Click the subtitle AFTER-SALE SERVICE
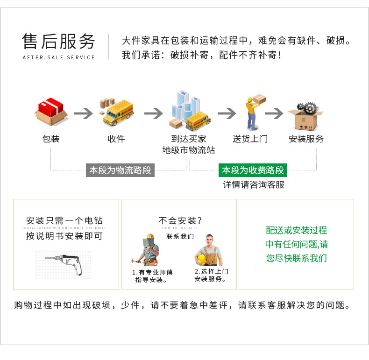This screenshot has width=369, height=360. (x=58, y=57)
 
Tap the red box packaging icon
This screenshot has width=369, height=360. (x=51, y=112)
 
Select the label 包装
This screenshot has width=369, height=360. (x=51, y=139)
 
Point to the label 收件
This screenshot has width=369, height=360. (x=116, y=139)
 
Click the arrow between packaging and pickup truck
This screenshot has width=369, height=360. (x=84, y=113)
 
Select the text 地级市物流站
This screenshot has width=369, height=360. (x=189, y=150)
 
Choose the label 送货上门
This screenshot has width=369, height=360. (x=250, y=139)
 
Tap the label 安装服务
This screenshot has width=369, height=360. (x=306, y=139)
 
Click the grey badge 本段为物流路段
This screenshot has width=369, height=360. (x=121, y=170)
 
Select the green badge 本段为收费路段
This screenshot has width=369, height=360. (x=253, y=170)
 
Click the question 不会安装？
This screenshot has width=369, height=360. (x=180, y=220)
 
